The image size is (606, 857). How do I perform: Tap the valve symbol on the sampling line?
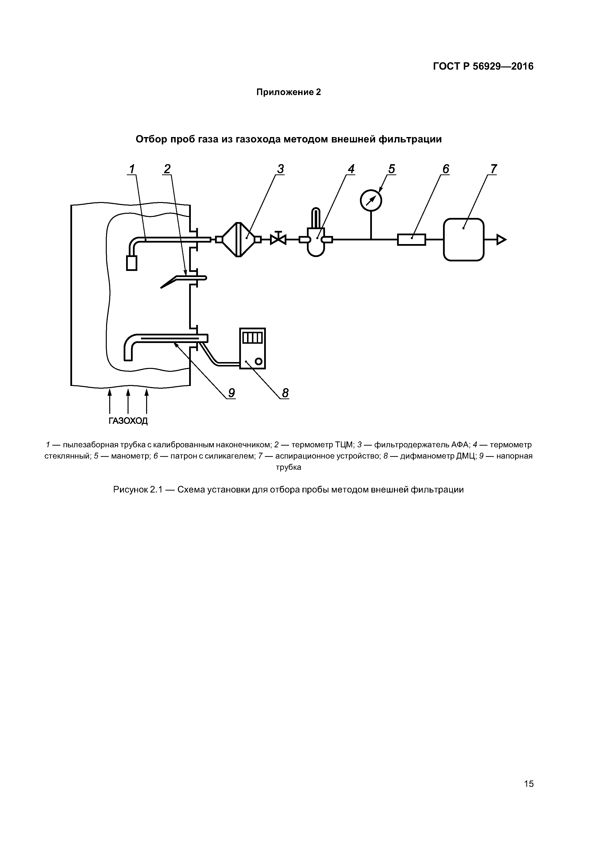pyautogui.click(x=278, y=239)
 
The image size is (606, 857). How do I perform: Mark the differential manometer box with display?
pyautogui.click(x=252, y=348)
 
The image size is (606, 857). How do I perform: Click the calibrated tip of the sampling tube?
pyautogui.click(x=132, y=263)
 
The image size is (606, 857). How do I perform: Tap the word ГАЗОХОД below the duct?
pyautogui.click(x=128, y=421)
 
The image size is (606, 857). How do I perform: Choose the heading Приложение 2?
pyautogui.click(x=288, y=92)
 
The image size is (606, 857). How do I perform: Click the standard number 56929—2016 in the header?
pyautogui.click(x=503, y=66)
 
